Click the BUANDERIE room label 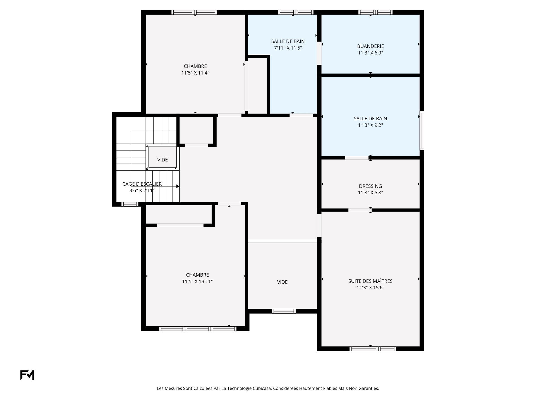pos(370,46)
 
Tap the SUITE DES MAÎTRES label pos(370,281)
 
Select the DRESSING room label pos(370,186)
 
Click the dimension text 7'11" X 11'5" pos(288,48)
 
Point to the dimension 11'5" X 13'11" pos(197,281)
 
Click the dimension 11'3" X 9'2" pos(370,125)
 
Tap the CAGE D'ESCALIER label pos(142,184)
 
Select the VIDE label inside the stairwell pos(162,160)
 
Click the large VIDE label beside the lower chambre pos(282,282)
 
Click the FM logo pos(27,375)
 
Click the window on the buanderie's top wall pos(375,12)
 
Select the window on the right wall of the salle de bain pos(422,131)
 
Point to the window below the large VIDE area pos(284,311)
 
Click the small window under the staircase pos(130,204)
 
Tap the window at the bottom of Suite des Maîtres pos(373,349)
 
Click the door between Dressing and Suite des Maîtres pos(360,210)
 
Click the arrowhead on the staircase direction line pos(178,186)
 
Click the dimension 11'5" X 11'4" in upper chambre pos(195,73)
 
